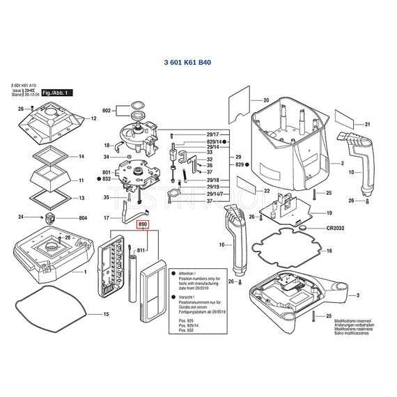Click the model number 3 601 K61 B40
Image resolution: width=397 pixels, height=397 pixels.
[x=187, y=63]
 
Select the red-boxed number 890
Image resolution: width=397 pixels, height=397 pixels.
[x=143, y=225]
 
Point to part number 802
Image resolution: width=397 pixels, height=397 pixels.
[x=107, y=111]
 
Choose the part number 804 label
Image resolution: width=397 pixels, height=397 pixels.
[x=83, y=218]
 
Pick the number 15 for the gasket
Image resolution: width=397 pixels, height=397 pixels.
[x=107, y=315]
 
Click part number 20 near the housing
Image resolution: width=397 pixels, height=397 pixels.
[x=265, y=100]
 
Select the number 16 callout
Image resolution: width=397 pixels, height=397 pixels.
[x=329, y=251]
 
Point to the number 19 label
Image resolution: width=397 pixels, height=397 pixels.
[x=329, y=212]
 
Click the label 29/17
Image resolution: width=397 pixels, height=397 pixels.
[x=212, y=134]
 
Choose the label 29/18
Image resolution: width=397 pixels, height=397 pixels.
[x=212, y=180]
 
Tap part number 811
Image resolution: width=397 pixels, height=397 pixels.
[x=141, y=249]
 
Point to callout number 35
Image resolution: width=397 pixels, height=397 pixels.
[x=106, y=198]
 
